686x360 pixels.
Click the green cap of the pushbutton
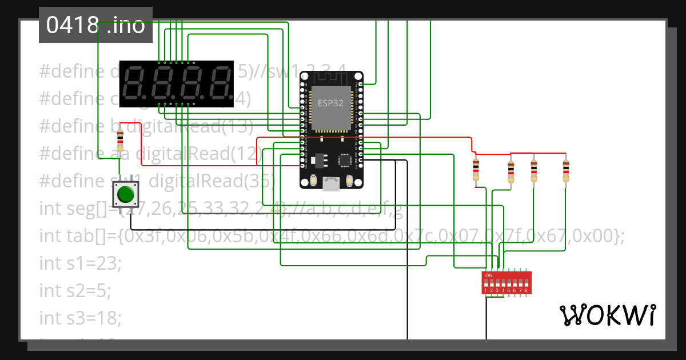126,195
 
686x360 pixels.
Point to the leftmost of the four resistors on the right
476,170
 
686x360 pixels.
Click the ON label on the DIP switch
488,275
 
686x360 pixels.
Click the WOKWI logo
607,315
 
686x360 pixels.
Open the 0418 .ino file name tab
95,25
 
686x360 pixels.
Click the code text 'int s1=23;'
81,263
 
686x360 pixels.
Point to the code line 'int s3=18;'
81,318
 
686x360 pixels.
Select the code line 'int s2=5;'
75,290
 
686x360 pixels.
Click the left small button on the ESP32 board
314,182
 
